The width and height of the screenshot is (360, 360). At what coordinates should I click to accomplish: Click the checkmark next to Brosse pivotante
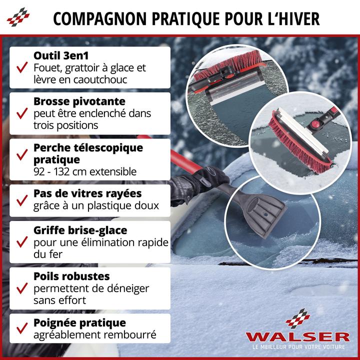pos(21,113)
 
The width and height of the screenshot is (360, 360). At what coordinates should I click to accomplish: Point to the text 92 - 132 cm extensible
pos(85,171)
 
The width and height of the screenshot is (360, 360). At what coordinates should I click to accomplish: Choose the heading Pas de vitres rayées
pos(87,193)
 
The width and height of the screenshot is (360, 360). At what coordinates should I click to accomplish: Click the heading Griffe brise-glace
pos(80,230)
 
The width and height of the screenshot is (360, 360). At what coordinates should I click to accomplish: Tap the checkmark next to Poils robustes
pos(21,288)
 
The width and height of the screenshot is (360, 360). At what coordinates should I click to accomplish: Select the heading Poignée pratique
pos(79,322)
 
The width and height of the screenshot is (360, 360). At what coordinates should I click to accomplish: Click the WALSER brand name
pos(297,336)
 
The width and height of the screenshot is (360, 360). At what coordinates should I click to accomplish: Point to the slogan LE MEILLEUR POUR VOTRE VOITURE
pos(297,347)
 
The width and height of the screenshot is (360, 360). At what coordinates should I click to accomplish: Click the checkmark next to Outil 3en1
pos(21,67)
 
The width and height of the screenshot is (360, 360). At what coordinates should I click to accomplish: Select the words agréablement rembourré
pos(95,334)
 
